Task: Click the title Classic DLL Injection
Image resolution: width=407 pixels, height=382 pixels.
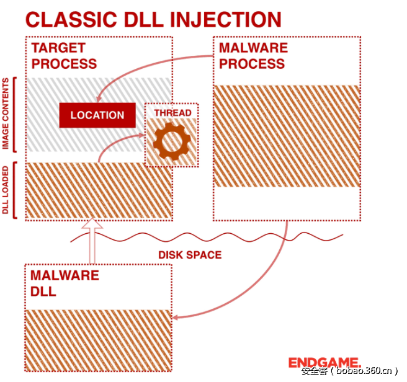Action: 153,19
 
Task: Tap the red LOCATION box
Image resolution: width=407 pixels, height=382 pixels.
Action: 97,115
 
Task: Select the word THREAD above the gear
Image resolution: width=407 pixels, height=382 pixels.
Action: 172,113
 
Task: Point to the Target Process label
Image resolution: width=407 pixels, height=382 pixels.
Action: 65,56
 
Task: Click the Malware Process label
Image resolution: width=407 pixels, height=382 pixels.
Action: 253,56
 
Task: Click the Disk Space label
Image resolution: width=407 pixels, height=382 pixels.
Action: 189,255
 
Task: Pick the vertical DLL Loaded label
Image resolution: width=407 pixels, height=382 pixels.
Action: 6,190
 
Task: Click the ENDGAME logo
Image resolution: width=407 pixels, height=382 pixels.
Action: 324,362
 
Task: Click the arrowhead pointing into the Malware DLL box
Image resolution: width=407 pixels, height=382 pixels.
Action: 176,318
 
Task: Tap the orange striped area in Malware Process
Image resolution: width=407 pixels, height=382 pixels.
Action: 286,136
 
